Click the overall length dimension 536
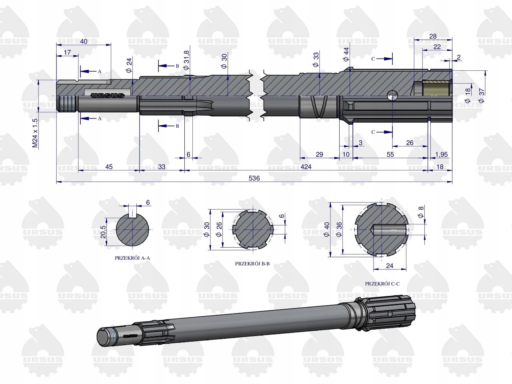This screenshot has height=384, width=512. coord(254,178)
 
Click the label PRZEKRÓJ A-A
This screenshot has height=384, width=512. coord(132,258)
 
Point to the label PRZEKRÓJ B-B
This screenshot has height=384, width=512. coord(252,264)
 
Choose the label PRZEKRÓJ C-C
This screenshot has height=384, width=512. coord(382,283)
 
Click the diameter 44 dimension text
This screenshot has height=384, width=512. coord(346,54)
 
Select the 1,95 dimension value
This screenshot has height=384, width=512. coord(441,154)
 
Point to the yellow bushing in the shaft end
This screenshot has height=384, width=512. coord(436,88)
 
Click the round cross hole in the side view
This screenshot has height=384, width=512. coord(392,96)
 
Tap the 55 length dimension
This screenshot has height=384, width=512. coord(390,154)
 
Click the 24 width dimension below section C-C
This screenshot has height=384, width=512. coord(390,265)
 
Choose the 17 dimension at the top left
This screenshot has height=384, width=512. coord(67,52)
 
